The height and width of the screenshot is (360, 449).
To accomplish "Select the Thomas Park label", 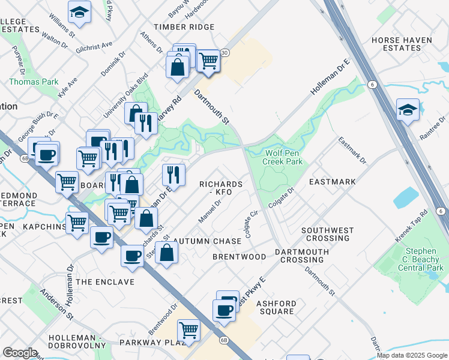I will [34, 82].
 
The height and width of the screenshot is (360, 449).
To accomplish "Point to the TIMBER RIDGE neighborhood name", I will [184, 27].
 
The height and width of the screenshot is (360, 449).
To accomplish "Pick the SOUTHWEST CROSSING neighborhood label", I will [327, 234].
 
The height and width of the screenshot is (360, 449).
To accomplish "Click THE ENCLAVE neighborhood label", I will [106, 282].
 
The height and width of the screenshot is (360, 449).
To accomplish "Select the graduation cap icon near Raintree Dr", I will [408, 110].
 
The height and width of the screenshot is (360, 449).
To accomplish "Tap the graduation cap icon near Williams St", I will [79, 13].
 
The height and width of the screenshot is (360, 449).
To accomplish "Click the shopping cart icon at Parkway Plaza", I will [189, 330].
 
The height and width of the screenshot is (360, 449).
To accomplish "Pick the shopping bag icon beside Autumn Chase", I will [167, 252].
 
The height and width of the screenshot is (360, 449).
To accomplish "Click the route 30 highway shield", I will [224, 53].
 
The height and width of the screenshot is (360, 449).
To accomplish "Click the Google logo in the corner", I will [20, 353].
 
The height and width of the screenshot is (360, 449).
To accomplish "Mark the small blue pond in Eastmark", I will [407, 197].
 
